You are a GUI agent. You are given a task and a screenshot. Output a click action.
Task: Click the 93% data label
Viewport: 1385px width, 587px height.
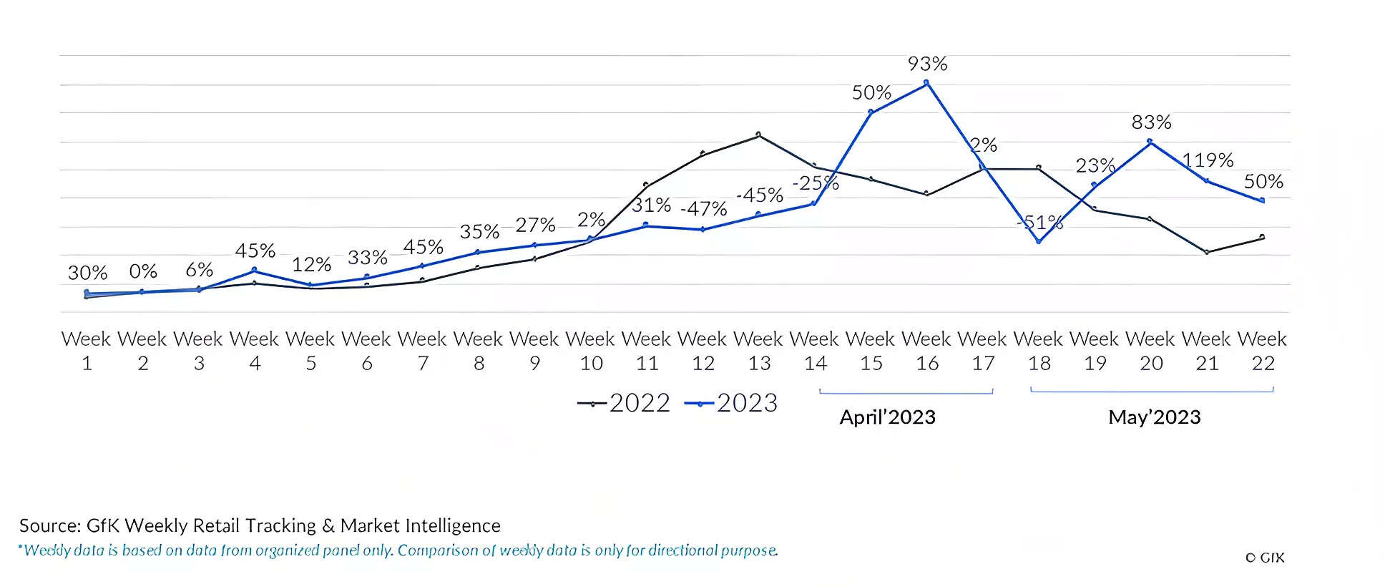[927, 64]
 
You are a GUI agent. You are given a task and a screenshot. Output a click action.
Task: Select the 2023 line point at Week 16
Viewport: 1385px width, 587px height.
[926, 83]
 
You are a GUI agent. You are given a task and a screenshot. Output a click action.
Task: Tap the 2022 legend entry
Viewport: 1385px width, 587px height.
[624, 403]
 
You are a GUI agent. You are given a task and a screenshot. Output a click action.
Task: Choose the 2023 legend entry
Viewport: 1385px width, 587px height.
[731, 403]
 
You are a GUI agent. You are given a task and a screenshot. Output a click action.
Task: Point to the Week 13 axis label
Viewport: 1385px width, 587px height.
[759, 351]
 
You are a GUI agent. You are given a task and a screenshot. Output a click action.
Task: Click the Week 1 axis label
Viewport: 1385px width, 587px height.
[87, 351]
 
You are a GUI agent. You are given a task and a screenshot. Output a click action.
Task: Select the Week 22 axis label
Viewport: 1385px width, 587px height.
[1263, 351]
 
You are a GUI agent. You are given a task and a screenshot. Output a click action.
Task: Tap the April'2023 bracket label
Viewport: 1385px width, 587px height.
[887, 417]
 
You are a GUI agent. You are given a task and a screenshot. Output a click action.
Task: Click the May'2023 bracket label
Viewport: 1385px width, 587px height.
[1154, 417]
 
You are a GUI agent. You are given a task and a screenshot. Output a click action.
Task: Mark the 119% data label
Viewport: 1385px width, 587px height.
[1208, 160]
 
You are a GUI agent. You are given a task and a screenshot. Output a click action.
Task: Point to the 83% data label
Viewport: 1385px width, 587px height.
[1151, 122]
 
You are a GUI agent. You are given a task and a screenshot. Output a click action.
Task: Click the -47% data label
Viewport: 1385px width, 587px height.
[703, 209]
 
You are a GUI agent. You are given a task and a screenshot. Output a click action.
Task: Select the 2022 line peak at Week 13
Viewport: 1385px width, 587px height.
[758, 135]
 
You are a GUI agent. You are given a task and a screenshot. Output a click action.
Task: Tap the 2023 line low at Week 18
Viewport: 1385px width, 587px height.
[1039, 241]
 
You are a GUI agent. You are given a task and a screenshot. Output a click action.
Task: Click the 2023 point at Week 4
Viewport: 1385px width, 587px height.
[255, 271]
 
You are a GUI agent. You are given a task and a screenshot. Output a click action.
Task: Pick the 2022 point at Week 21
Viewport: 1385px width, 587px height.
[1207, 252]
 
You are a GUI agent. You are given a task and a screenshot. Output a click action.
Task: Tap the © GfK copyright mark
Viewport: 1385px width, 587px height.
[1264, 558]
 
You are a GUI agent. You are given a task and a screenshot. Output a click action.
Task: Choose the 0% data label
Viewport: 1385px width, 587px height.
[143, 272]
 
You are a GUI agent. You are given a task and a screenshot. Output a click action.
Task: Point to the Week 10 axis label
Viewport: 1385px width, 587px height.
[591, 351]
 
